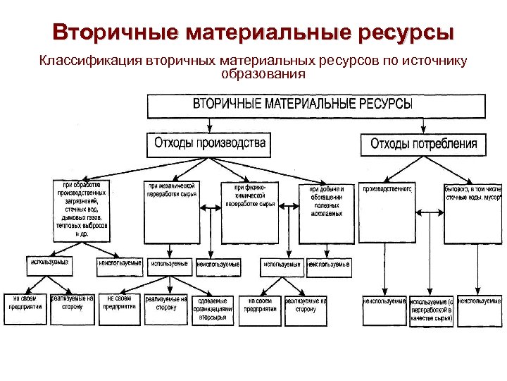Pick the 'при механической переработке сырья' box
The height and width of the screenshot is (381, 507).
(170, 212)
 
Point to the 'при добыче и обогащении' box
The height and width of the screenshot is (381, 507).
(326, 212)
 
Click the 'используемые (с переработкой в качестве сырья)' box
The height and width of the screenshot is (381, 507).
(432, 310)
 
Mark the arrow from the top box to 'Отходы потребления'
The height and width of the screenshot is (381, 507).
(423, 124)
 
